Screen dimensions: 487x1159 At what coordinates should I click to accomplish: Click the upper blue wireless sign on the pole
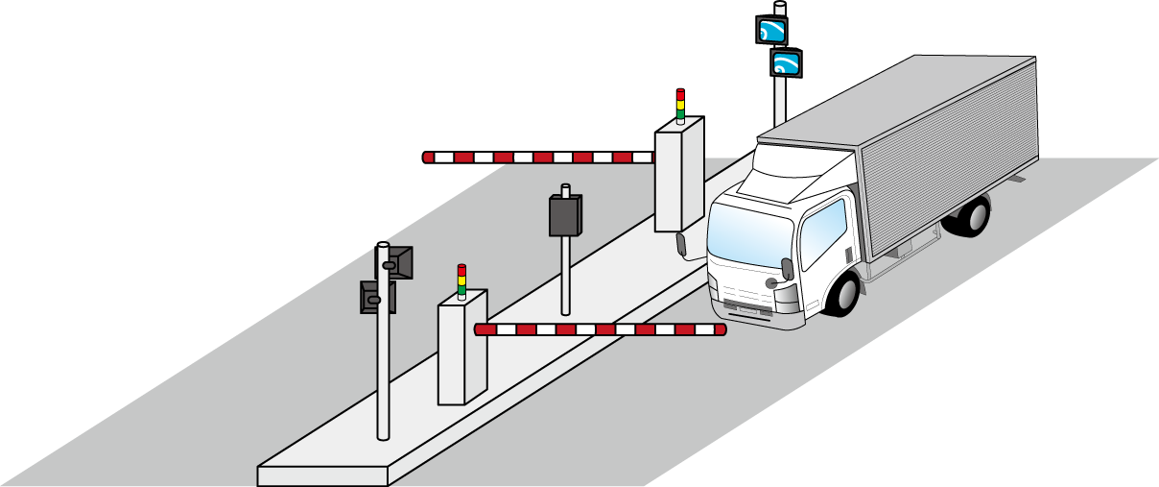[x=771, y=31]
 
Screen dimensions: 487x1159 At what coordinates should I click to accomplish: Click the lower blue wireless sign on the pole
[x=786, y=64]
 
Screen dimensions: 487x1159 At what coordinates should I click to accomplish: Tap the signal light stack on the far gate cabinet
[x=680, y=106]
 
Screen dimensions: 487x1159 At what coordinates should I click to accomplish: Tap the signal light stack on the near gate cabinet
[x=461, y=280]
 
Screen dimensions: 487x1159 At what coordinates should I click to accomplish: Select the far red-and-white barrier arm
[x=538, y=158]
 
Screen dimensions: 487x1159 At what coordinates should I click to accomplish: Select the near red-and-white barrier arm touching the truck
[x=600, y=329]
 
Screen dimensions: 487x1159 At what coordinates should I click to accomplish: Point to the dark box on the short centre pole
[x=565, y=215]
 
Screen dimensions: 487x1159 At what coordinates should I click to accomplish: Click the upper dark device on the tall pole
[x=398, y=262]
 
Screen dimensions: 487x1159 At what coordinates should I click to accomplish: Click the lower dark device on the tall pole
[x=375, y=297]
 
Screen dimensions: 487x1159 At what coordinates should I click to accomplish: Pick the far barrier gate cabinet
[x=678, y=178]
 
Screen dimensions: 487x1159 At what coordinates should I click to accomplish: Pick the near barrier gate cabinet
[x=461, y=351]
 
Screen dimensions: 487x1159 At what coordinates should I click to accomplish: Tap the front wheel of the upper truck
[x=842, y=293]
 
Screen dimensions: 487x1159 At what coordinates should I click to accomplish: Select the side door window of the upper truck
[x=823, y=231]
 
